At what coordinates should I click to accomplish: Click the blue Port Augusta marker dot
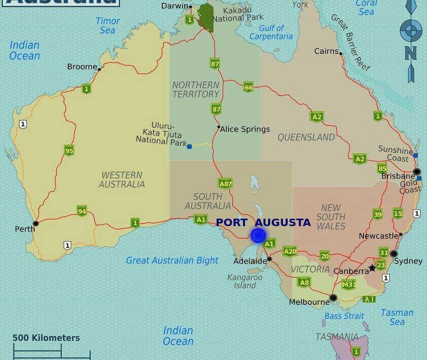tap(258, 235)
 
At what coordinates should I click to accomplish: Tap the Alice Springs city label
tap(246, 129)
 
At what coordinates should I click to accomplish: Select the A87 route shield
tap(225, 183)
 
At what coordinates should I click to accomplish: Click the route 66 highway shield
tap(248, 87)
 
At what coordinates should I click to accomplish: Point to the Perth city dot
tap(35, 223)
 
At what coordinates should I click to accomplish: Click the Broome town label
tap(82, 67)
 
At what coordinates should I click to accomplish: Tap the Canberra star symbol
tap(372, 267)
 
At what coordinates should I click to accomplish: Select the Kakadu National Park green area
tap(205, 18)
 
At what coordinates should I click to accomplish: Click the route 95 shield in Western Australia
tap(69, 150)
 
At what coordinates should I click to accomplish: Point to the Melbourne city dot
tap(333, 298)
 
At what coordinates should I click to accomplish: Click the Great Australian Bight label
tap(172, 260)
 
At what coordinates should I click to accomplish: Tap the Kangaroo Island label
tap(244, 281)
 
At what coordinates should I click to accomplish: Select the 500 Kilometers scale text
tap(46, 338)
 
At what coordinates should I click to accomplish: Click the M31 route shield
tap(349, 284)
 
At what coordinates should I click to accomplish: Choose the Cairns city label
tap(326, 51)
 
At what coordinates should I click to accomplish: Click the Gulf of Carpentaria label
tap(271, 33)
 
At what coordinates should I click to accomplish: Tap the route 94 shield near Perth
tap(82, 211)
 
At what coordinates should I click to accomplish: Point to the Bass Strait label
tap(344, 316)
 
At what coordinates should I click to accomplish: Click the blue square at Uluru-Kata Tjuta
tap(189, 146)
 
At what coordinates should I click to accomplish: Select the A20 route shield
tap(290, 251)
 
